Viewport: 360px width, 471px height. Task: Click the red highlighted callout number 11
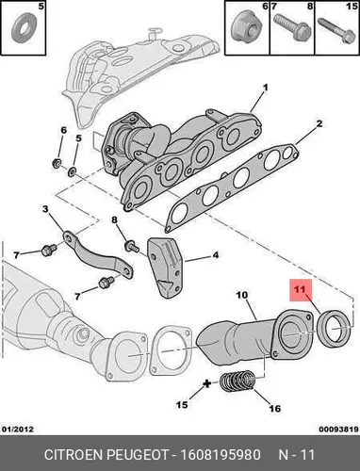click(x=300, y=289)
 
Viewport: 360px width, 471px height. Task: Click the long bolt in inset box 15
click(x=336, y=31)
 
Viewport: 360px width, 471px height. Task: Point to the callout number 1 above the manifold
click(x=266, y=88)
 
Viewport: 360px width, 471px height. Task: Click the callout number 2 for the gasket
click(x=319, y=123)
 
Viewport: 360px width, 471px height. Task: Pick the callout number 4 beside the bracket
click(x=215, y=254)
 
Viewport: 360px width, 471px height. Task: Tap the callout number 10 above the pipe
click(x=242, y=295)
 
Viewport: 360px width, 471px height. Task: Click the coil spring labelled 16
click(x=237, y=382)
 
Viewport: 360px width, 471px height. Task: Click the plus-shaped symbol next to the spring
click(x=206, y=383)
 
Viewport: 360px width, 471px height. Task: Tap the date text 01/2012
click(x=18, y=429)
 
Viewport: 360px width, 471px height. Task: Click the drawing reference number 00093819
click(x=338, y=429)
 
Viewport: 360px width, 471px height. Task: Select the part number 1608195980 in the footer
click(x=220, y=454)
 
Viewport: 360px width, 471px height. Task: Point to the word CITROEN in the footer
click(x=74, y=454)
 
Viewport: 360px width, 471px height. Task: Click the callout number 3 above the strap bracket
click(x=45, y=209)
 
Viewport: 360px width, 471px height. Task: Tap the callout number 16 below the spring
click(x=274, y=408)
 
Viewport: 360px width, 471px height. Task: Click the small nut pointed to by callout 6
click(x=57, y=163)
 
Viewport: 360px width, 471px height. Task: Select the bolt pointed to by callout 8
click(x=132, y=246)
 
